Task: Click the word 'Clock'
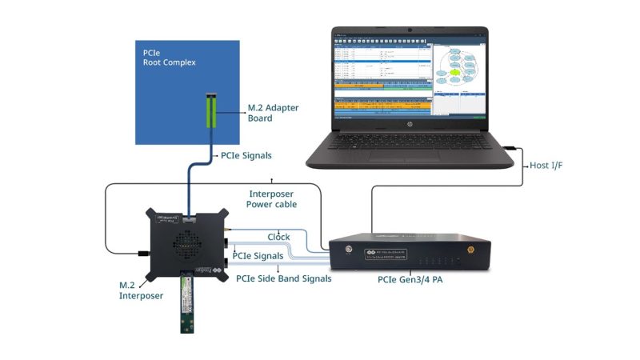click(278, 237)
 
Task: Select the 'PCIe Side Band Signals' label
click(283, 278)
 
